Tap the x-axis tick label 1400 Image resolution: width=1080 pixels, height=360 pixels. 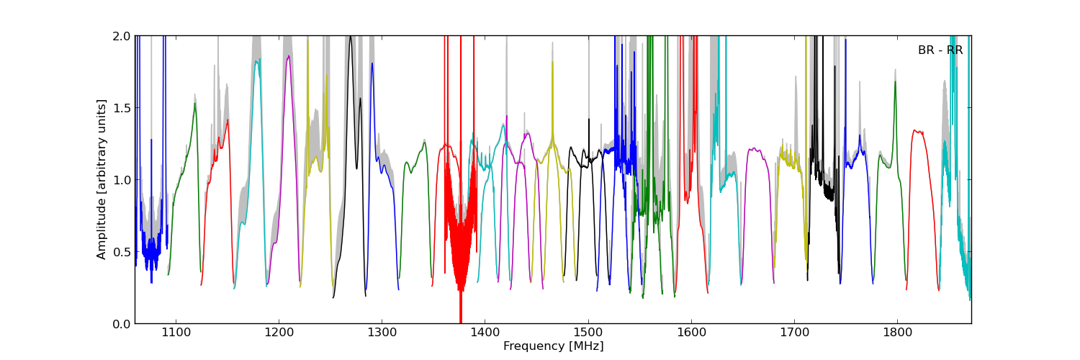coord(485,333)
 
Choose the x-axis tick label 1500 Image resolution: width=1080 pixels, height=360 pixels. coord(588,333)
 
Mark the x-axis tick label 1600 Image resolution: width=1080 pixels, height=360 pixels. coord(691,333)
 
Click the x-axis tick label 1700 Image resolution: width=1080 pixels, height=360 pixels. coord(794,333)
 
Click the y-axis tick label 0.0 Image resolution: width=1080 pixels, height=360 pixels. coord(121,324)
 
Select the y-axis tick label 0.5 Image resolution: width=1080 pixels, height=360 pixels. coord(121,252)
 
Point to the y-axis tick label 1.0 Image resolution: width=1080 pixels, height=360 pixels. coord(121,180)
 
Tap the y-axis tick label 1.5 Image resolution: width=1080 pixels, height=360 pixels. coord(121,108)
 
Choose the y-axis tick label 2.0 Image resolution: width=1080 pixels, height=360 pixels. coord(121,36)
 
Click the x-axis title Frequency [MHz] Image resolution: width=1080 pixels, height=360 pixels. coord(553,346)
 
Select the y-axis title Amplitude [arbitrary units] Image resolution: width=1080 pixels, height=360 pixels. coord(102,179)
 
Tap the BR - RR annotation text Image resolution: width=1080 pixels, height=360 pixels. coord(940,50)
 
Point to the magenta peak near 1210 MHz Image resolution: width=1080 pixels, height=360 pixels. coord(289,57)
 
